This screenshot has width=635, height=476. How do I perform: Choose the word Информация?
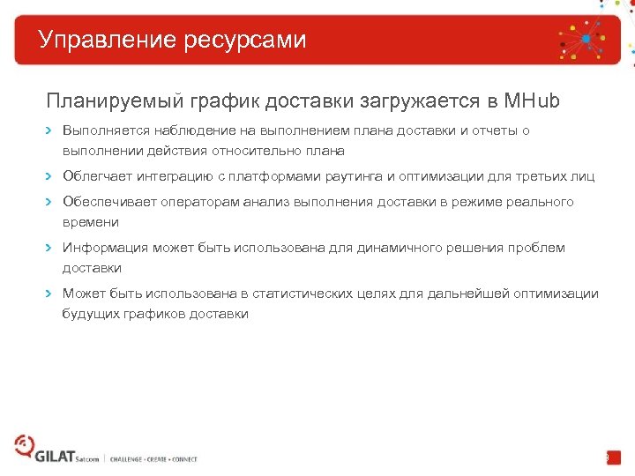click(x=105, y=248)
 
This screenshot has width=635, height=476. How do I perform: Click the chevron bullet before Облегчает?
click(x=49, y=176)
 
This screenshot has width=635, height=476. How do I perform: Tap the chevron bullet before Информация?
click(x=49, y=248)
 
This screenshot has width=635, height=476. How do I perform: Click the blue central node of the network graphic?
click(x=584, y=39)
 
